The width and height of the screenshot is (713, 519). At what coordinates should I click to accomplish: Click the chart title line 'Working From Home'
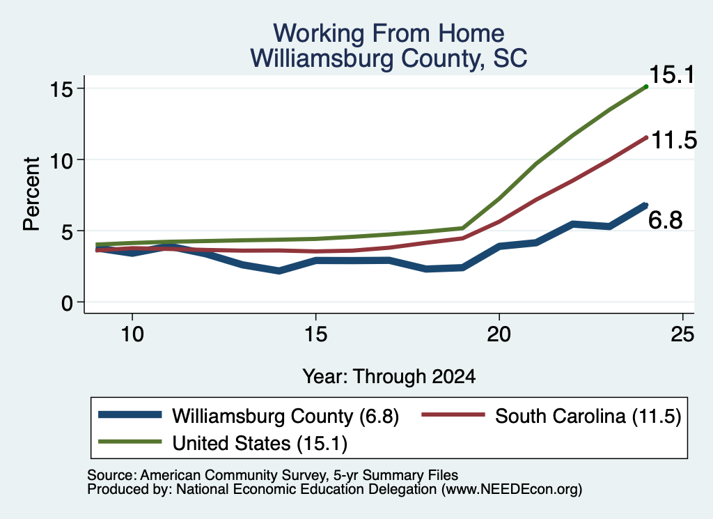pyautogui.click(x=389, y=33)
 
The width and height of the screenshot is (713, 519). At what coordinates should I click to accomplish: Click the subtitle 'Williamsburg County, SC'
pyautogui.click(x=389, y=59)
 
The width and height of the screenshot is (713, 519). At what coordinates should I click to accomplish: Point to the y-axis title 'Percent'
pyautogui.click(x=31, y=194)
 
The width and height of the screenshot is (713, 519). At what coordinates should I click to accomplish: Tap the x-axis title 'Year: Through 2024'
pyautogui.click(x=389, y=377)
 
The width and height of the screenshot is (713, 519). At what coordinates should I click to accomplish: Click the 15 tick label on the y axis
pyautogui.click(x=61, y=89)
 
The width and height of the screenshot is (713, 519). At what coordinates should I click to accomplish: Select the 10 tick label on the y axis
pyautogui.click(x=61, y=160)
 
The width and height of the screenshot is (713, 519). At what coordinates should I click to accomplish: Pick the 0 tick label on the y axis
pyautogui.click(x=68, y=303)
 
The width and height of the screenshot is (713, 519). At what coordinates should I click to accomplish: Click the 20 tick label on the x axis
pyautogui.click(x=499, y=334)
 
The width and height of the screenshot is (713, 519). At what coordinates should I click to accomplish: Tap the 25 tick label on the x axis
pyautogui.click(x=682, y=334)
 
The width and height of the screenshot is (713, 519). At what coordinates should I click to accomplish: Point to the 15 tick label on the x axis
pyautogui.click(x=315, y=334)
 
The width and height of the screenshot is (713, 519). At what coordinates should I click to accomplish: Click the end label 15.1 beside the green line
pyautogui.click(x=672, y=75)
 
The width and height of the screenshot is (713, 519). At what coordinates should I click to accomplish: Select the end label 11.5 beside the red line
pyautogui.click(x=674, y=140)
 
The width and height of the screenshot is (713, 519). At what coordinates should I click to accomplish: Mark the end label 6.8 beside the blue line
pyautogui.click(x=665, y=220)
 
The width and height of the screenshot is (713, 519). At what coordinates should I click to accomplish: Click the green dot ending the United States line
pyautogui.click(x=646, y=86)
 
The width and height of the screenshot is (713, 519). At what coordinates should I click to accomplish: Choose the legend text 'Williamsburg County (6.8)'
pyautogui.click(x=285, y=416)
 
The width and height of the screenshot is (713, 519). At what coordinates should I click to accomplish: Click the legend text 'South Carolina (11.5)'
pyautogui.click(x=588, y=416)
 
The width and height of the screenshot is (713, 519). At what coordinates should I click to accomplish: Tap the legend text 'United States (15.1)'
pyautogui.click(x=260, y=443)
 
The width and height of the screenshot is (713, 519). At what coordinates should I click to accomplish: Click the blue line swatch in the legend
pyautogui.click(x=130, y=415)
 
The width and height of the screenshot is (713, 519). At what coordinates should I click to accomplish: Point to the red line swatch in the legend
pyautogui.click(x=453, y=415)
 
